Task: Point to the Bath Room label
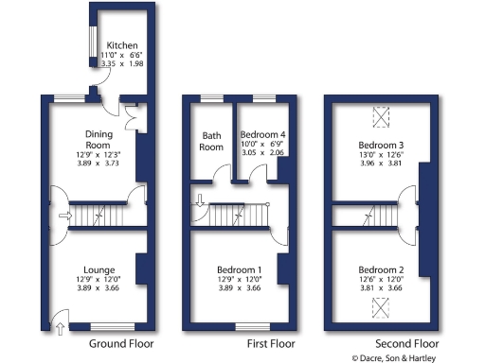[x=210, y=141]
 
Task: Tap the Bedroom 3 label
[x=377, y=144]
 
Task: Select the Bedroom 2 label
[x=377, y=268]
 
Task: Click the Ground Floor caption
[x=126, y=344]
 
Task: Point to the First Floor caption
[x=271, y=344]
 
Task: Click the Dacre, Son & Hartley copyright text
[x=417, y=358]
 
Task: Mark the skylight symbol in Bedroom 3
[x=381, y=115]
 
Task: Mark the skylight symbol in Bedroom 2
[x=381, y=305]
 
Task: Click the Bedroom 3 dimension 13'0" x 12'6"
[x=377, y=153]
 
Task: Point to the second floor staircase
[x=364, y=217]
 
